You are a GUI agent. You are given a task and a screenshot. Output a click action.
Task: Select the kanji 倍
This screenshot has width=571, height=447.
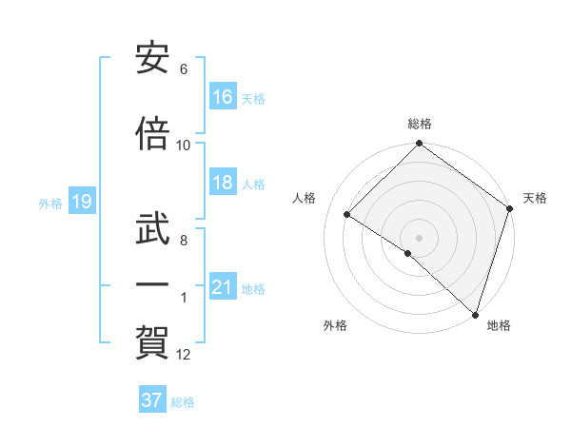pos(152,135)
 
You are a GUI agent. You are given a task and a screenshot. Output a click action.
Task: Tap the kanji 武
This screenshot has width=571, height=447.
pos(152,228)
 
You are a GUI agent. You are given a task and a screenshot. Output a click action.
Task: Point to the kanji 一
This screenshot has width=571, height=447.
pos(152,283)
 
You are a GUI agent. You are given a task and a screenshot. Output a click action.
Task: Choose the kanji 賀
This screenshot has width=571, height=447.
pos(152,340)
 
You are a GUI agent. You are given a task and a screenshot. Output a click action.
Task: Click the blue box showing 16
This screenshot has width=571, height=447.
pos(223,97)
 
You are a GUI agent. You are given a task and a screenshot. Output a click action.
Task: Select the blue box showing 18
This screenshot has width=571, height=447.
pos(223,184)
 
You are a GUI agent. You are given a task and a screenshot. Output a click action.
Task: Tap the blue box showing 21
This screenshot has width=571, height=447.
pos(223,287)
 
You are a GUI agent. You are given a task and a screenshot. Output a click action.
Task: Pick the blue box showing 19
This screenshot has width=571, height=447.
pos(81,202)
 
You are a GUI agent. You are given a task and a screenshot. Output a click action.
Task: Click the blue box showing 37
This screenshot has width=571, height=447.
pos(152,400)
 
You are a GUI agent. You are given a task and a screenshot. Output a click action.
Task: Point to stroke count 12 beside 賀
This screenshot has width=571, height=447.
pos(184,355)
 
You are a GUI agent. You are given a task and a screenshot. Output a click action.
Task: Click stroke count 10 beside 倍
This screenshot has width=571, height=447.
pos(184,146)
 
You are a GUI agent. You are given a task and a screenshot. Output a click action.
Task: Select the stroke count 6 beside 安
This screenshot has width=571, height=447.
pos(184,70)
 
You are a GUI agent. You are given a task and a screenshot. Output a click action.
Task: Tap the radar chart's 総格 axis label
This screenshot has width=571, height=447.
pos(420,124)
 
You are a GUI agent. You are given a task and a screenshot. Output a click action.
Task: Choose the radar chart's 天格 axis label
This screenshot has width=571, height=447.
pos(535,198)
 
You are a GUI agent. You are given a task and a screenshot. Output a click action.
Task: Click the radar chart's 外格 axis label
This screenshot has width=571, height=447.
pos(335,326)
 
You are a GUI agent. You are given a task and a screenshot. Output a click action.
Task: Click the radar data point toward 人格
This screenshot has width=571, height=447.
pos(347,215)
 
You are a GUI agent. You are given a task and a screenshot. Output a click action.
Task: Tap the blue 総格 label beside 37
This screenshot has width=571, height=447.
pos(183,402)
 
